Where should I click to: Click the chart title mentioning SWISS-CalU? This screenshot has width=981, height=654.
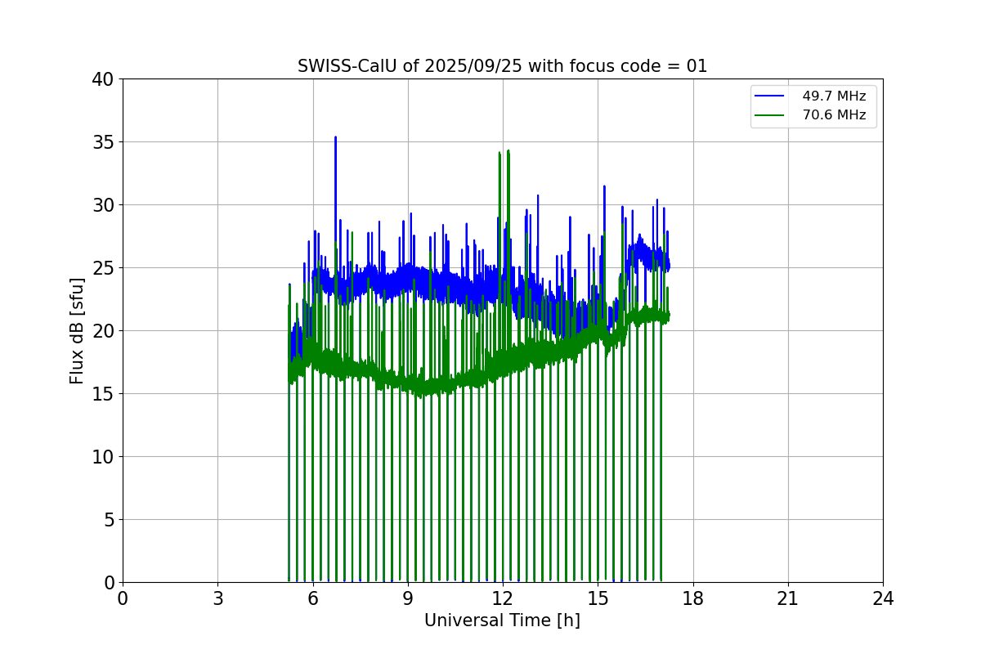point(502,66)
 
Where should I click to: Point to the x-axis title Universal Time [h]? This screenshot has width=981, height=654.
point(502,620)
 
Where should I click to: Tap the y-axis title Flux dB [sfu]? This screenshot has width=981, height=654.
point(77,330)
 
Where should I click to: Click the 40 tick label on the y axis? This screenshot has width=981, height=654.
point(104,79)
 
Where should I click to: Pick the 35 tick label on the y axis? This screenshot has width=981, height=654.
point(104,142)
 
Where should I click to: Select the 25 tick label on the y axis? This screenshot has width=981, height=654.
point(104,268)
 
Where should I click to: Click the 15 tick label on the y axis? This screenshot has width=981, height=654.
point(104,394)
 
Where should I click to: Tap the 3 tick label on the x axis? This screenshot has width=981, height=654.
point(217,599)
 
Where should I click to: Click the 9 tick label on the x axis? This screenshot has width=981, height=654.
point(408,599)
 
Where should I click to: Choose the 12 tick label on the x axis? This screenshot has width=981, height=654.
point(503,599)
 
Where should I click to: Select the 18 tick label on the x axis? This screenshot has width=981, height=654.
point(693,599)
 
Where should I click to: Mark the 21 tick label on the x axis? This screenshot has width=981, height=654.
point(788,599)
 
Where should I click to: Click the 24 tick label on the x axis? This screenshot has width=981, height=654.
point(883,599)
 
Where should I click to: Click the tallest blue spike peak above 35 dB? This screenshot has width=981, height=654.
point(335,137)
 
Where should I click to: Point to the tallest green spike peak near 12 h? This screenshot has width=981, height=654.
point(508,150)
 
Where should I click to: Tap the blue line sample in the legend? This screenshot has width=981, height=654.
point(769,96)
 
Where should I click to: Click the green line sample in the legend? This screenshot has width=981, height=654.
point(769,115)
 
